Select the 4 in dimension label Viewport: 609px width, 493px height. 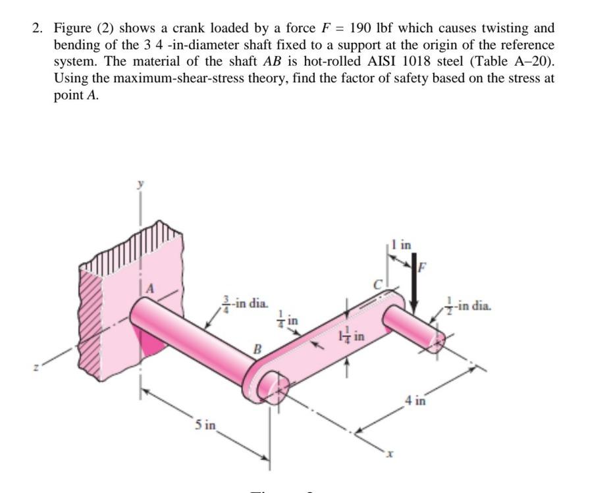[x=415, y=400]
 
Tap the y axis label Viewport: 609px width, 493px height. [x=140, y=187]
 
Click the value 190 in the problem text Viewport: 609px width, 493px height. [x=361, y=28]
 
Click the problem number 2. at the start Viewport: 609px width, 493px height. [x=39, y=28]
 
